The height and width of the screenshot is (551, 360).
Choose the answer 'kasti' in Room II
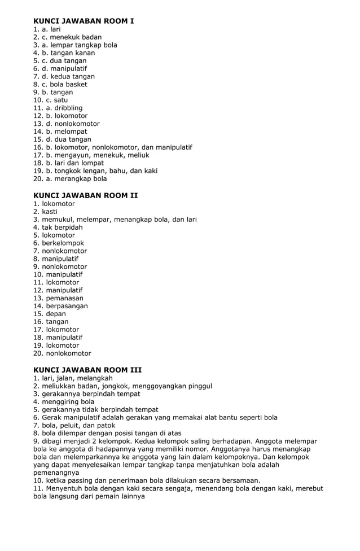point(50,212)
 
